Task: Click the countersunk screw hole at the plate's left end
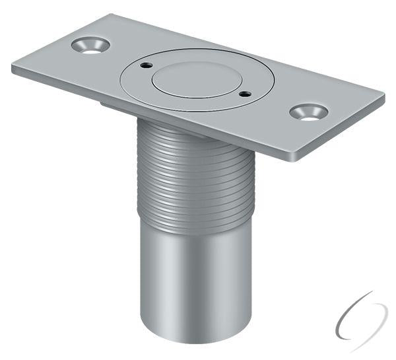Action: tap(90, 46)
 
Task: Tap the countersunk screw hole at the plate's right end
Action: tap(308, 112)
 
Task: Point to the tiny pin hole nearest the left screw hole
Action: tap(145, 65)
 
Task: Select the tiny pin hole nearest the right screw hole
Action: tap(245, 94)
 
